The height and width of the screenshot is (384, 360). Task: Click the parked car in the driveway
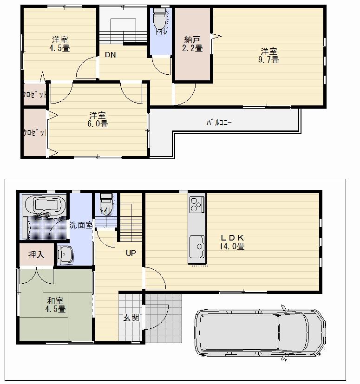click(260, 332)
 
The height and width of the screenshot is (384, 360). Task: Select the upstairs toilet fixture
click(159, 20)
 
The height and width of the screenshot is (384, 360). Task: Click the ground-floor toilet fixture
click(106, 202)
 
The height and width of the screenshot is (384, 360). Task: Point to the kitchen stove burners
click(196, 204)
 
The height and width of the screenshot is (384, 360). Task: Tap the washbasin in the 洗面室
click(64, 254)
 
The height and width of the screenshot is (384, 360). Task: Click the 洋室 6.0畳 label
click(98, 119)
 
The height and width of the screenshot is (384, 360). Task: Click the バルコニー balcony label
click(219, 123)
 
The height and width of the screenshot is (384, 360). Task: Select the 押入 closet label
click(36, 254)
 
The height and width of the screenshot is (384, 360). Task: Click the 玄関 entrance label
click(131, 318)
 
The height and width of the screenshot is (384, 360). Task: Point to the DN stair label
click(110, 55)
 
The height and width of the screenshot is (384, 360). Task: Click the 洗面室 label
click(81, 225)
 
